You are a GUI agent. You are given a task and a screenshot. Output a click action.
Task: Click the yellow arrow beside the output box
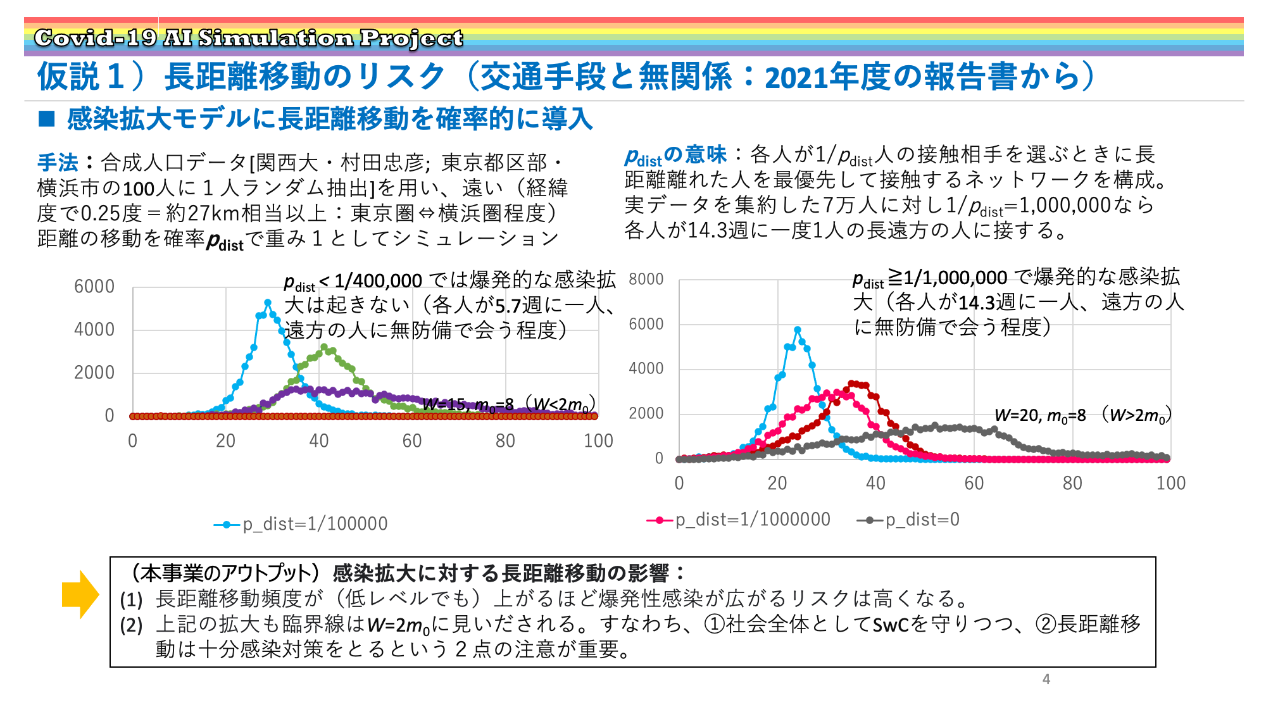80,594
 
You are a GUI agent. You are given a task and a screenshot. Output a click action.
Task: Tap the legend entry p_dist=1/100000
301,524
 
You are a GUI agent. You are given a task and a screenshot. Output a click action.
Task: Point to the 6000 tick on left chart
94,287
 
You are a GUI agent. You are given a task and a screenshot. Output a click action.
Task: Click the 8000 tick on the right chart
646,279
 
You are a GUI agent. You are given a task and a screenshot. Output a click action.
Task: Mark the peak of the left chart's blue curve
268,303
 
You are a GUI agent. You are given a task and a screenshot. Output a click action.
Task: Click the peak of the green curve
324,347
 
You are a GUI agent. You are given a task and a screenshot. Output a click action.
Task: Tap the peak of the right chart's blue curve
797,330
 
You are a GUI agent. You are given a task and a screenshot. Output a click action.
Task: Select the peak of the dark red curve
851,383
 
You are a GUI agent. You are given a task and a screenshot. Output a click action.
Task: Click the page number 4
1046,679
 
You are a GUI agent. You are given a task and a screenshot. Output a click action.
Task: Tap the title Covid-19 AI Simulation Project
248,38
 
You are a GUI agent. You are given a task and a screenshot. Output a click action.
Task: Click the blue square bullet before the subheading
47,118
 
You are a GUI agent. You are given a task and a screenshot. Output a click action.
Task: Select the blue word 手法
58,163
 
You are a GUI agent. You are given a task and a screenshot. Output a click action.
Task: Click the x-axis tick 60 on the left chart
412,440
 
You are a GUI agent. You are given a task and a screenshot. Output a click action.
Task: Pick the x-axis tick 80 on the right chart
1072,483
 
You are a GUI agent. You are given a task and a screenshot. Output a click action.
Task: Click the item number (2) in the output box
132,625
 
